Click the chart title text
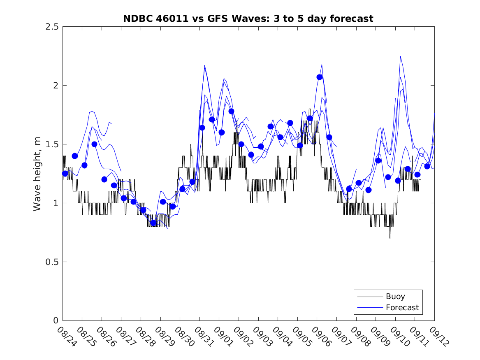coord(248,19)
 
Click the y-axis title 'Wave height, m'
coord(37,174)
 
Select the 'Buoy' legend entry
coord(395,296)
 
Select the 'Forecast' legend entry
coord(402,307)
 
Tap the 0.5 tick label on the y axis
coord(52,262)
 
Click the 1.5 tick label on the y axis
coord(52,144)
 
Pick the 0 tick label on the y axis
coord(55,321)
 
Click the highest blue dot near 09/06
coord(320,77)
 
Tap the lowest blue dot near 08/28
coord(153,223)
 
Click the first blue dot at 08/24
coord(65,174)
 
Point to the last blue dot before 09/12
coord(427,166)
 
